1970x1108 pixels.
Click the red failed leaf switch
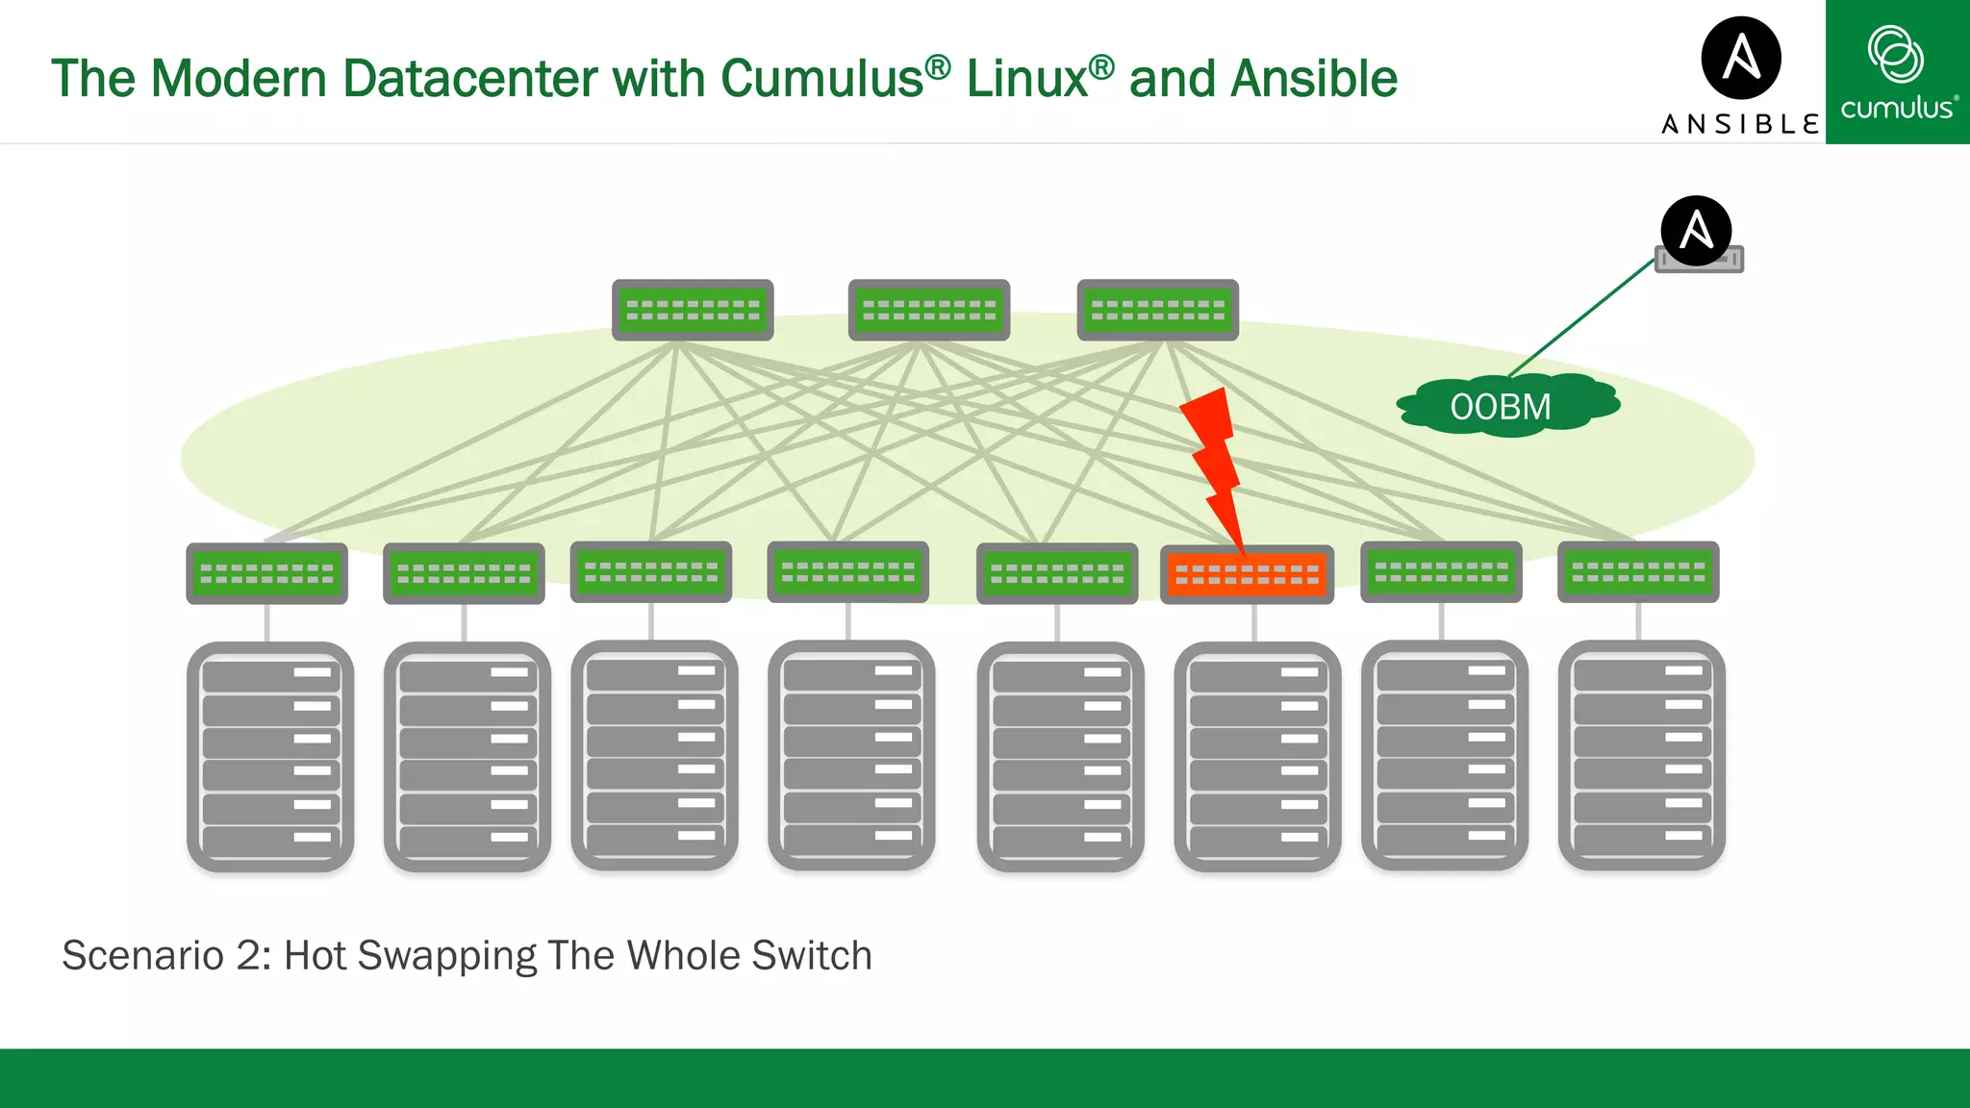pos(1247,574)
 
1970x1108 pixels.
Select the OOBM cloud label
pos(1501,407)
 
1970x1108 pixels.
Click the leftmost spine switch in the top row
pos(693,310)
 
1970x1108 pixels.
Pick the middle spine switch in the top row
pos(928,310)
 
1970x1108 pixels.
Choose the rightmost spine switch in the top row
pos(1157,310)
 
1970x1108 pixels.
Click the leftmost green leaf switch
pos(266,573)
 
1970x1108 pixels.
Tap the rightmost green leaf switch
pos(1637,572)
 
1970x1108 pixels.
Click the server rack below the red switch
pos(1256,757)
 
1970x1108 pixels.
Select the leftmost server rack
pos(270,757)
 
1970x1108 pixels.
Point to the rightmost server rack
pos(1641,757)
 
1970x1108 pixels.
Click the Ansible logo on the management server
pos(1696,231)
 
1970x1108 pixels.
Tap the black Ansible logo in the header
pos(1741,58)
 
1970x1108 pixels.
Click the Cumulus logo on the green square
pos(1897,72)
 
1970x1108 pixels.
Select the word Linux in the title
pos(1026,79)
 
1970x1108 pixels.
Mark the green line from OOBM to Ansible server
pos(1581,318)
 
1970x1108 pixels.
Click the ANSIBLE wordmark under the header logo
pos(1739,124)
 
